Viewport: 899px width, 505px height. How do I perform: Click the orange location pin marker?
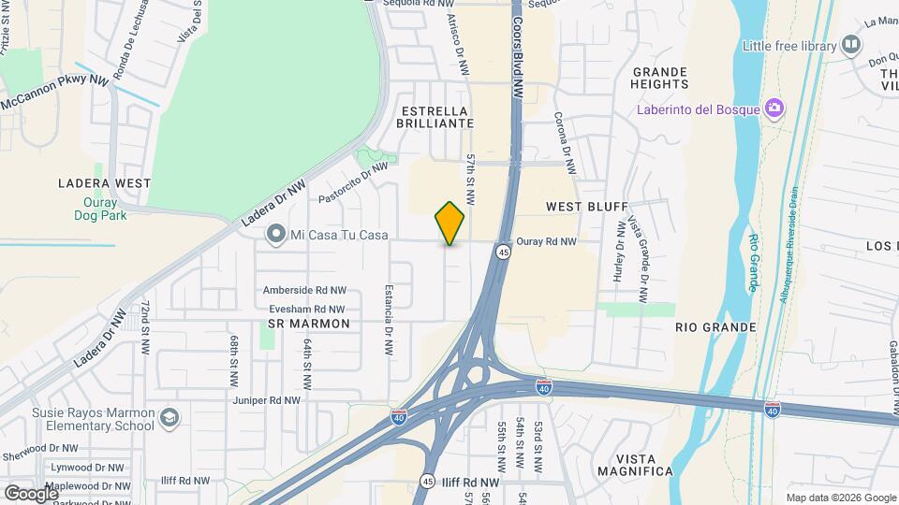click(450, 224)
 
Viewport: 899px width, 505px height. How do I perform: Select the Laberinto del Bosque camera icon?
click(774, 109)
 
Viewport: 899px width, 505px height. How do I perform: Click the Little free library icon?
click(851, 44)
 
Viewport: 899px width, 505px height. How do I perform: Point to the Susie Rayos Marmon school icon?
click(169, 416)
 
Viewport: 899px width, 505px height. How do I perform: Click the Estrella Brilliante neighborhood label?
click(433, 116)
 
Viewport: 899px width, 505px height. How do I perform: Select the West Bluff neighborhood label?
click(579, 204)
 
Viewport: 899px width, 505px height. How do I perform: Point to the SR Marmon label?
click(308, 324)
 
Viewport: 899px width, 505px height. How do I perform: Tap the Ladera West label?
click(104, 183)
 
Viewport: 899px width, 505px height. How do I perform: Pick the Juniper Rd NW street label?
click(267, 400)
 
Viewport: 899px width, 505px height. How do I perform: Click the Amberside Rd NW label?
click(304, 291)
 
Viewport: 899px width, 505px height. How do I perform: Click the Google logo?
click(31, 492)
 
